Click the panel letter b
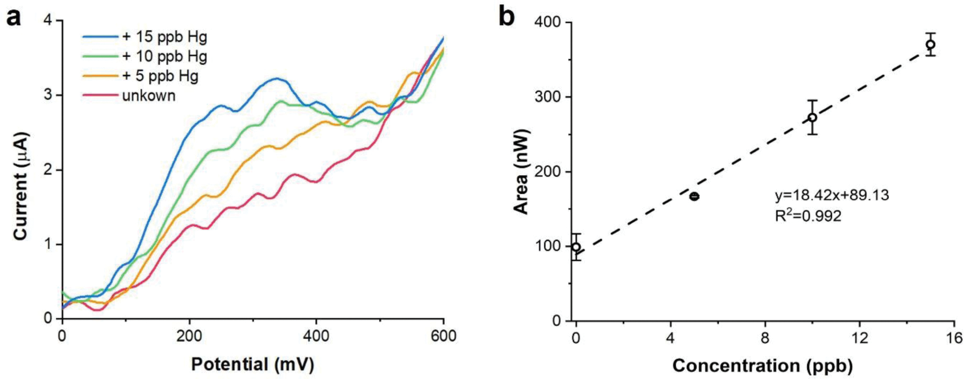pyautogui.click(x=506, y=17)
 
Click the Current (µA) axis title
pyautogui.click(x=21, y=186)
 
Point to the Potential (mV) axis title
pyautogui.click(x=253, y=364)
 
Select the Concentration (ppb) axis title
pyautogui.click(x=763, y=365)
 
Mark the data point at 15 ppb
pyautogui.click(x=930, y=45)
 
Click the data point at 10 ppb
pyautogui.click(x=812, y=117)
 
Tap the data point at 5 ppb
pyautogui.click(x=694, y=197)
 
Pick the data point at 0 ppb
pyautogui.click(x=576, y=247)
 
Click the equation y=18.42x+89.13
pyautogui.click(x=832, y=196)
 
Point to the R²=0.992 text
pyautogui.click(x=808, y=215)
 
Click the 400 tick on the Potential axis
pyautogui.click(x=316, y=336)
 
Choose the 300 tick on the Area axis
pyautogui.click(x=548, y=98)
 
